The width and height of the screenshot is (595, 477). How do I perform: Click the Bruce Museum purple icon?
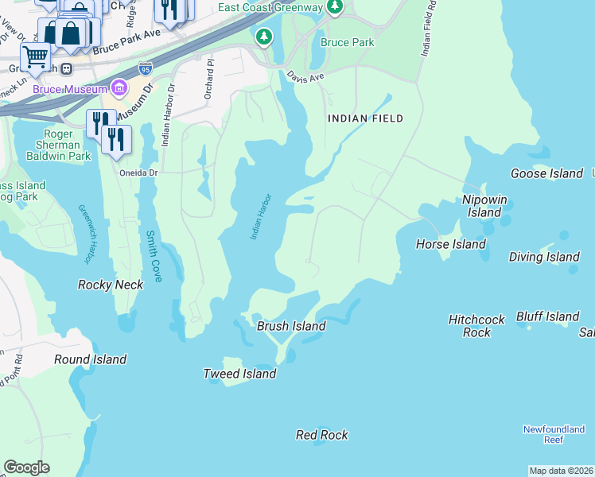[120, 87]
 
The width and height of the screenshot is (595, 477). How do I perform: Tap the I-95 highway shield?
[145, 68]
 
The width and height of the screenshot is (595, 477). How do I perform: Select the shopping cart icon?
[35, 57]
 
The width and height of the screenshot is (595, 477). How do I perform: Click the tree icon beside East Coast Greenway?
[335, 8]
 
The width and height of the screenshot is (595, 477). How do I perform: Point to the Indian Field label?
[366, 118]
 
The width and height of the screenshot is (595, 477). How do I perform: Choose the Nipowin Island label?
[484, 206]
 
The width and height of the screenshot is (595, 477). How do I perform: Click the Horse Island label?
[450, 244]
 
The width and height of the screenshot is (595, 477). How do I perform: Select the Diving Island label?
[544, 257]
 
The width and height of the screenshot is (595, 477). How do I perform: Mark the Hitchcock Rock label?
[476, 326]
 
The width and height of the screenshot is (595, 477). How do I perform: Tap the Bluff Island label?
[547, 316]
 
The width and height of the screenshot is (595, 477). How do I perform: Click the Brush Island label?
[291, 326]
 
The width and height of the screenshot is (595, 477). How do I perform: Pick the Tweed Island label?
[239, 374]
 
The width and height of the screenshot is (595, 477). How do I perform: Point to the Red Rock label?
[321, 435]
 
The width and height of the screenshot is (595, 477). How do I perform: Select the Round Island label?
[90, 359]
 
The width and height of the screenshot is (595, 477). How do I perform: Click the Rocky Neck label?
[111, 285]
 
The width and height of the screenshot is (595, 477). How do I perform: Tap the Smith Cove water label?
[153, 256]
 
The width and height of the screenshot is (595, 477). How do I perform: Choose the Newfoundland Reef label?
[554, 434]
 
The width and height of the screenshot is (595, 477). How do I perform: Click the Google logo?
[26, 467]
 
